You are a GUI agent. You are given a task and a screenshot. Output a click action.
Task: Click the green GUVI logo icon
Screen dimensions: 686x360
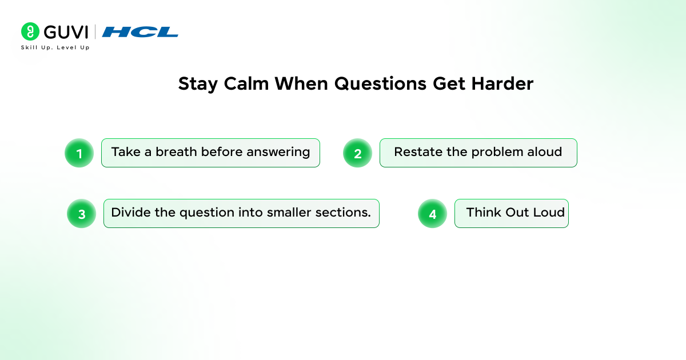[30, 31]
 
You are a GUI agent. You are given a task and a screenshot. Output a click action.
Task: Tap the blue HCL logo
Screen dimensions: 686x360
[140, 32]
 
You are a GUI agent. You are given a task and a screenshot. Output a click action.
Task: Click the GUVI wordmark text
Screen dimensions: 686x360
[66, 32]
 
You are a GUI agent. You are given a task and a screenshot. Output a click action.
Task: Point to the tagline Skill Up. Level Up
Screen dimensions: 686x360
[55, 47]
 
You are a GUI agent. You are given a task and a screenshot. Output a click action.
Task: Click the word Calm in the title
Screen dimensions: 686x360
[246, 83]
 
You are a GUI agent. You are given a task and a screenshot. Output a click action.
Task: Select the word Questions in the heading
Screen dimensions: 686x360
[380, 84]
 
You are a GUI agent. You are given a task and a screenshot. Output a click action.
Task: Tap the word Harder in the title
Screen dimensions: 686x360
[502, 83]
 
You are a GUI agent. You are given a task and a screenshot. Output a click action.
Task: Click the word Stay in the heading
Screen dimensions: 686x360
[198, 84]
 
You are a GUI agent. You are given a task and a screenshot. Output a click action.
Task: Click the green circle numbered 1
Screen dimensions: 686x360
[79, 153]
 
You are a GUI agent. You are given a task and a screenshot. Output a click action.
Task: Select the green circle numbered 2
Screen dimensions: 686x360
[357, 153]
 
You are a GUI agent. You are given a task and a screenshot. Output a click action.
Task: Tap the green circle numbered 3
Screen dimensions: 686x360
[81, 213]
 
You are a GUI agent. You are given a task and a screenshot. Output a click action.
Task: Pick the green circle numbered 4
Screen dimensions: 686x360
[432, 213]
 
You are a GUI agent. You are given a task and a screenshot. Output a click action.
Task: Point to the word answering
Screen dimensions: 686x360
[278, 153]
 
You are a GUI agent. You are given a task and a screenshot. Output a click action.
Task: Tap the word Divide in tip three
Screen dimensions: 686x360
[131, 212]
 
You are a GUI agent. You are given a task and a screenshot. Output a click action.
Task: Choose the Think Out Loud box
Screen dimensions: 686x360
[512, 213]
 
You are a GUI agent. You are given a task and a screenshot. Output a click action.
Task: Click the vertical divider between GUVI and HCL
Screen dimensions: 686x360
[95, 32]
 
